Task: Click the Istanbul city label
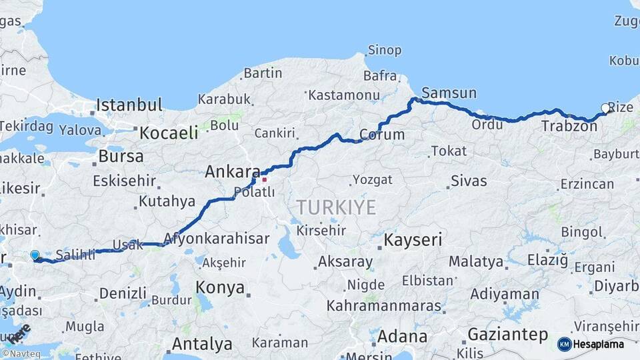click(x=129, y=105)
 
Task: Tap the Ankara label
click(x=231, y=171)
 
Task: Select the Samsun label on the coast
click(x=449, y=93)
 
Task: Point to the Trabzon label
click(x=569, y=125)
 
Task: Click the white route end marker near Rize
click(x=605, y=108)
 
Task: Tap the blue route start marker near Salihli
click(x=35, y=255)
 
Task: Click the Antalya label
click(x=202, y=344)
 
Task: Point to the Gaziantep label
click(x=507, y=334)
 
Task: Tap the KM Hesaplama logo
click(x=591, y=344)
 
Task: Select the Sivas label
click(x=469, y=181)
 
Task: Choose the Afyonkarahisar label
click(x=216, y=238)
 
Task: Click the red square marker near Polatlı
click(x=265, y=179)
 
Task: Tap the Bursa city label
click(x=121, y=157)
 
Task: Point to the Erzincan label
click(x=587, y=183)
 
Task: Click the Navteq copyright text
click(x=19, y=353)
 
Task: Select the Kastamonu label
click(x=344, y=95)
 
